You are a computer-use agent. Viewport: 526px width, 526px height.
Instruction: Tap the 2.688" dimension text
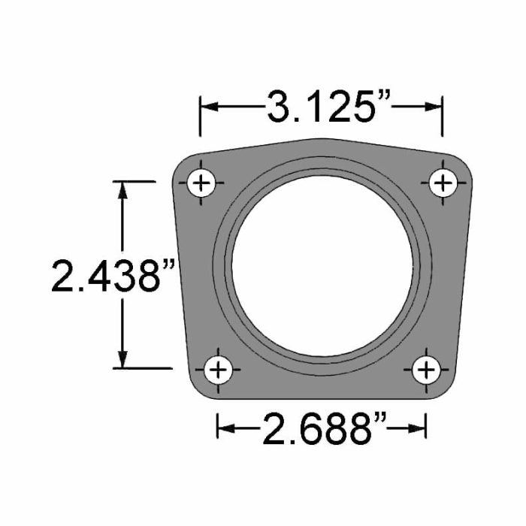pyautogui.click(x=322, y=429)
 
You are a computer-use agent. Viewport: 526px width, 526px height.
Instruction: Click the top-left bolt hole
pyautogui.click(x=202, y=183)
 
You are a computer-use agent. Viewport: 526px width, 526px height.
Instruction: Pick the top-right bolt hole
pyautogui.click(x=443, y=183)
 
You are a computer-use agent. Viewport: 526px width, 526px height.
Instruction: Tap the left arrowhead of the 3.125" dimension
pyautogui.click(x=207, y=107)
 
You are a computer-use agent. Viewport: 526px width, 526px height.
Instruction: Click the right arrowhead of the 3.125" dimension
pyautogui.click(x=434, y=107)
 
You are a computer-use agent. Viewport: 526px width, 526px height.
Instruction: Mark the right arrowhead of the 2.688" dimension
pyautogui.click(x=419, y=429)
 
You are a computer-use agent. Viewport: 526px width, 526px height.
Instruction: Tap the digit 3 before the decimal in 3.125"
pyautogui.click(x=279, y=107)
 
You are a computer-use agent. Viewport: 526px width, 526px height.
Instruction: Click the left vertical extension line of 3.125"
pyautogui.click(x=200, y=116)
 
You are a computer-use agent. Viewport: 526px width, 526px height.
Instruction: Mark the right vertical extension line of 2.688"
pyautogui.click(x=426, y=421)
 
